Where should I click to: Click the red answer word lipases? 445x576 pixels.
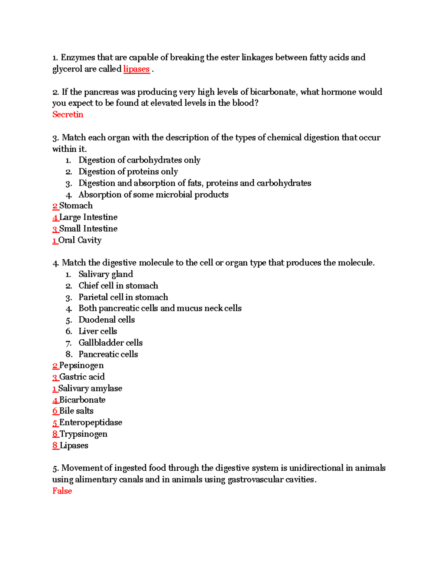click(x=136, y=69)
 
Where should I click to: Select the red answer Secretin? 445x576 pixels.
click(x=68, y=115)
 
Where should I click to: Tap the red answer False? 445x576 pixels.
click(x=62, y=491)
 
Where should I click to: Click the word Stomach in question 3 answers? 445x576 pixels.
click(x=76, y=206)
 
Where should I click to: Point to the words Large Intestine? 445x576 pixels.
click(x=88, y=217)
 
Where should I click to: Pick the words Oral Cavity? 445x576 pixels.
click(x=80, y=240)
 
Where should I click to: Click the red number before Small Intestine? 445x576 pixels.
click(x=55, y=229)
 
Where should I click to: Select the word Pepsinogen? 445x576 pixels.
click(x=82, y=366)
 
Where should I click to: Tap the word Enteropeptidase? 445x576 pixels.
click(x=91, y=423)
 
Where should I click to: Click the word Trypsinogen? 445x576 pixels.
click(x=83, y=434)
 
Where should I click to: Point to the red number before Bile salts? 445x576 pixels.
click(x=55, y=411)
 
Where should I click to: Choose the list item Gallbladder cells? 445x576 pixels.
click(x=111, y=343)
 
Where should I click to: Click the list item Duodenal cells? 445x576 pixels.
click(x=106, y=320)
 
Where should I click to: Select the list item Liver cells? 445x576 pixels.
click(x=98, y=331)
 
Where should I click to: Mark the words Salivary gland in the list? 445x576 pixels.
click(x=106, y=274)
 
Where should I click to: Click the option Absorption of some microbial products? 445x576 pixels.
click(x=153, y=195)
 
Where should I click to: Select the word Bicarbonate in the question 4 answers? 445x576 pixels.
click(x=82, y=400)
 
